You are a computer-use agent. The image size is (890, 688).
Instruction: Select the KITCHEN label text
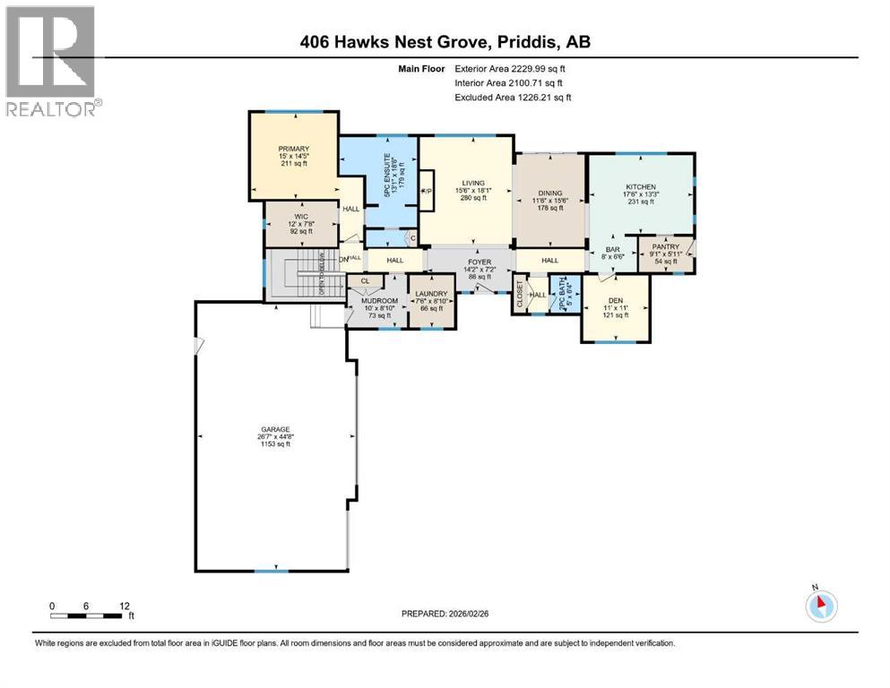(x=640, y=186)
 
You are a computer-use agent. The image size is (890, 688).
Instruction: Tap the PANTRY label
(x=664, y=246)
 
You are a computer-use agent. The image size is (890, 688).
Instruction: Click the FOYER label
(x=471, y=262)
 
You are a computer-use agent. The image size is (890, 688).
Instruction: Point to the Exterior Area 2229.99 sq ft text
(x=509, y=68)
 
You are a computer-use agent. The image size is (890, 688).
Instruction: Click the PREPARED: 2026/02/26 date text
(x=445, y=614)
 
